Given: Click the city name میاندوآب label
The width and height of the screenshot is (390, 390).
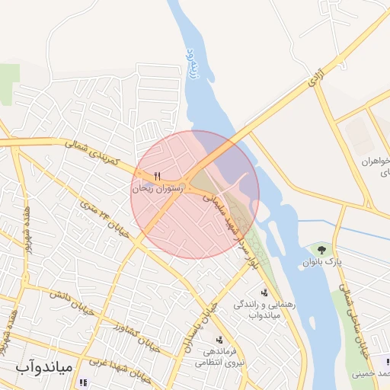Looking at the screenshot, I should (43, 367).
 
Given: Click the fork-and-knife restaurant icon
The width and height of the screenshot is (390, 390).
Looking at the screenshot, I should (157, 174).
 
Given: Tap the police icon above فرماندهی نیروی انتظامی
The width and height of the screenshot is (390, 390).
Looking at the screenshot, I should (219, 340).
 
